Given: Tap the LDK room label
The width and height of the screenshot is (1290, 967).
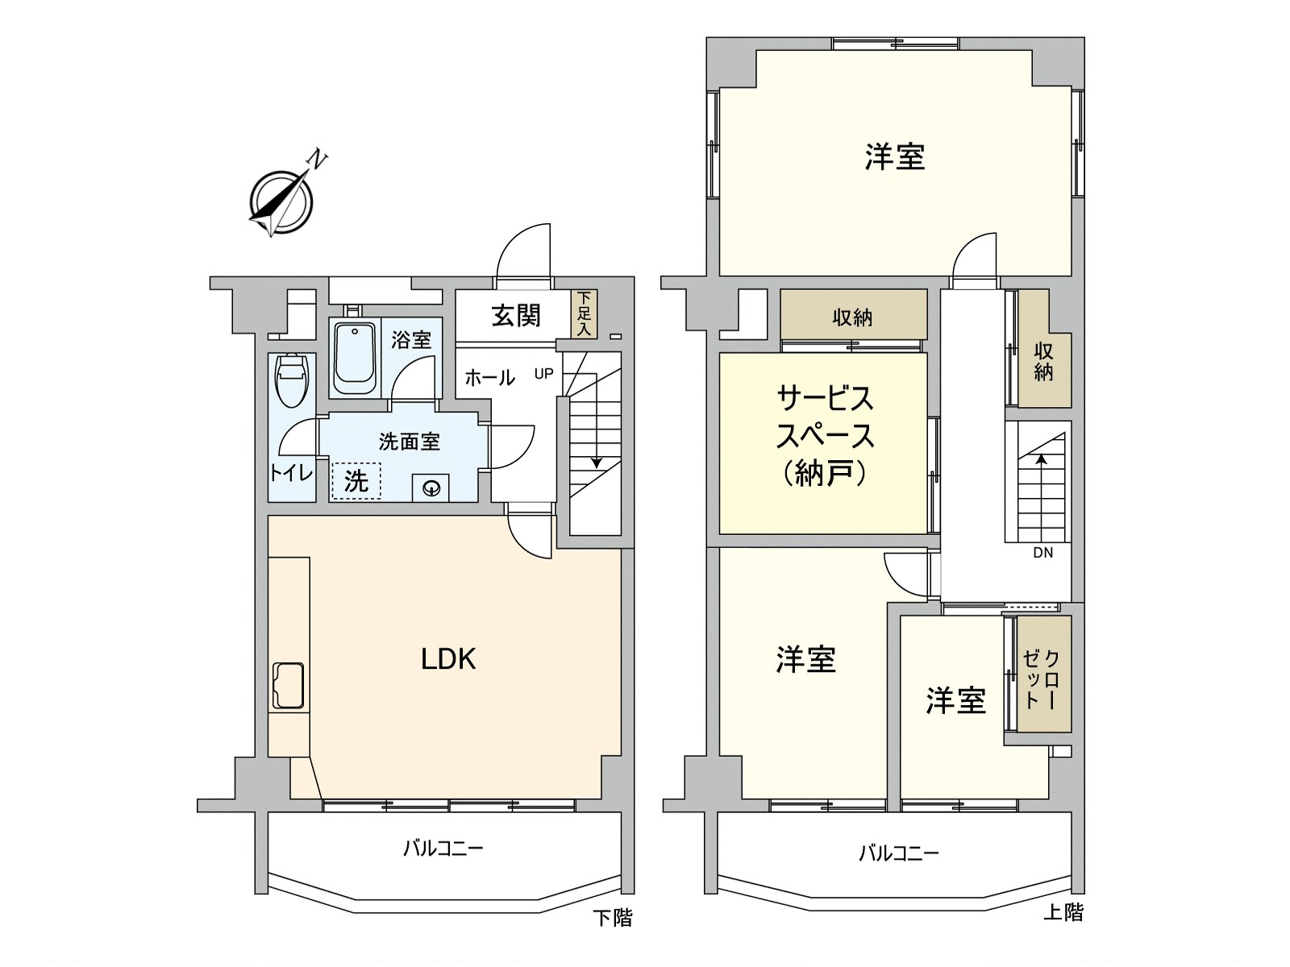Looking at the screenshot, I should click(x=448, y=659).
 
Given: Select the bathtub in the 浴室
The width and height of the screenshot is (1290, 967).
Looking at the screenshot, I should click(x=354, y=358).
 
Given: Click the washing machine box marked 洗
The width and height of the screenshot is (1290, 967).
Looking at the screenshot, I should click(x=356, y=480).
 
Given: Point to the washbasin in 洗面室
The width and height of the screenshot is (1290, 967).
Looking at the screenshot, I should click(x=431, y=488).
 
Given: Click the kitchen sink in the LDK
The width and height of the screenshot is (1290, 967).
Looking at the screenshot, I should click(x=289, y=685).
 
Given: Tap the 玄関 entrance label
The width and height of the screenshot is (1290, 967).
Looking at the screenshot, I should click(x=516, y=315).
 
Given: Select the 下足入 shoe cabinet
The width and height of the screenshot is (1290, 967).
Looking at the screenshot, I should click(x=584, y=314).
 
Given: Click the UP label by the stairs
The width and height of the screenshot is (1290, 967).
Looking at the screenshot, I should click(x=544, y=374).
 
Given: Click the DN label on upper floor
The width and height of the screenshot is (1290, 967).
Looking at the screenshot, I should click(x=1042, y=553).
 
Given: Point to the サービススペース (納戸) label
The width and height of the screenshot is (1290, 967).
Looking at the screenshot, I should click(x=825, y=435).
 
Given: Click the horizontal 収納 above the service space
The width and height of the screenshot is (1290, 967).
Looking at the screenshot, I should click(x=852, y=317).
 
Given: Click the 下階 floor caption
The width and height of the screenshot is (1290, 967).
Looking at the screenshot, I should click(x=613, y=917).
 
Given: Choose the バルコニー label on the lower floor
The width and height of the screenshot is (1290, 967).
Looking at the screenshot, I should click(x=443, y=848).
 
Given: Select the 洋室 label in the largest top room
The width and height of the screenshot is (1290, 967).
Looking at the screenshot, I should click(x=895, y=156).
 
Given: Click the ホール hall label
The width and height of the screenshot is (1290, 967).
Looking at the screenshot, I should click(x=489, y=376).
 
